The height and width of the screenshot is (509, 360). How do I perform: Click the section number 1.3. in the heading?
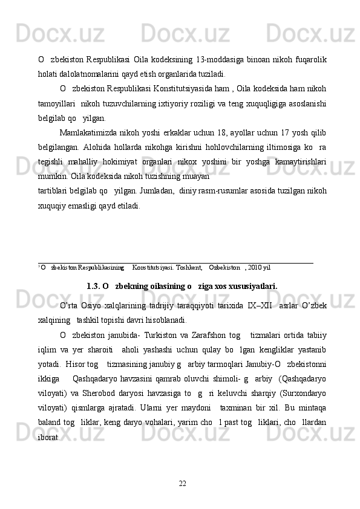click(94, 285)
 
